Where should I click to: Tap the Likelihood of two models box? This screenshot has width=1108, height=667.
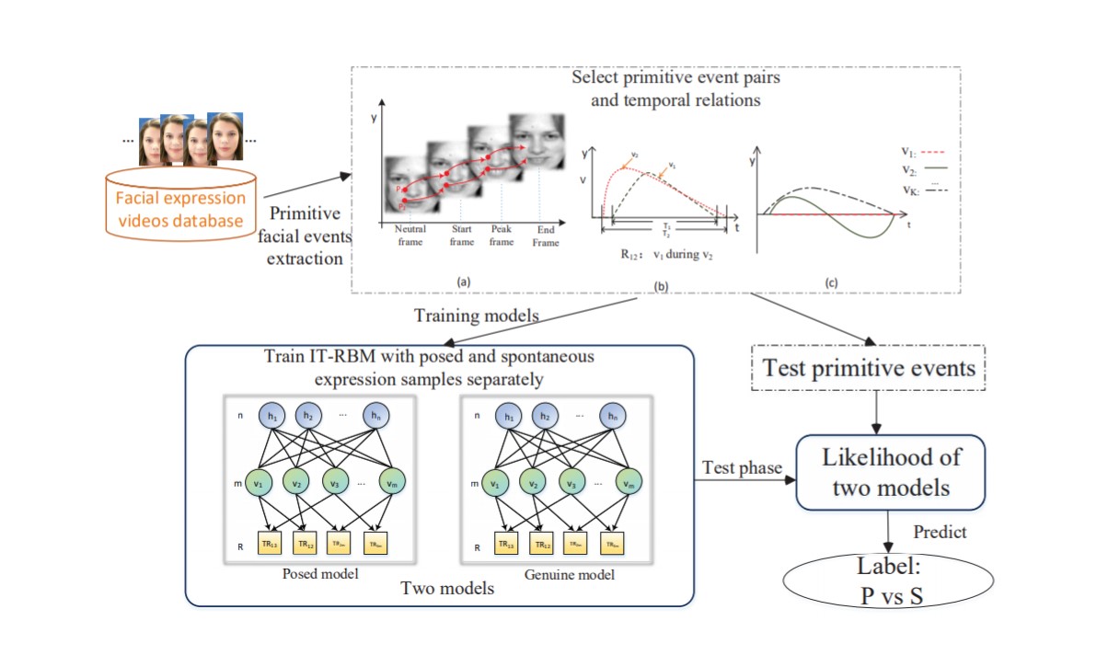click(x=889, y=472)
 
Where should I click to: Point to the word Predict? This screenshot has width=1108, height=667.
click(x=939, y=532)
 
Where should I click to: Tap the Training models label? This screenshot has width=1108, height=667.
click(x=477, y=315)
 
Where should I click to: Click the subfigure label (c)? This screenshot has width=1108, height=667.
click(x=831, y=285)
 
